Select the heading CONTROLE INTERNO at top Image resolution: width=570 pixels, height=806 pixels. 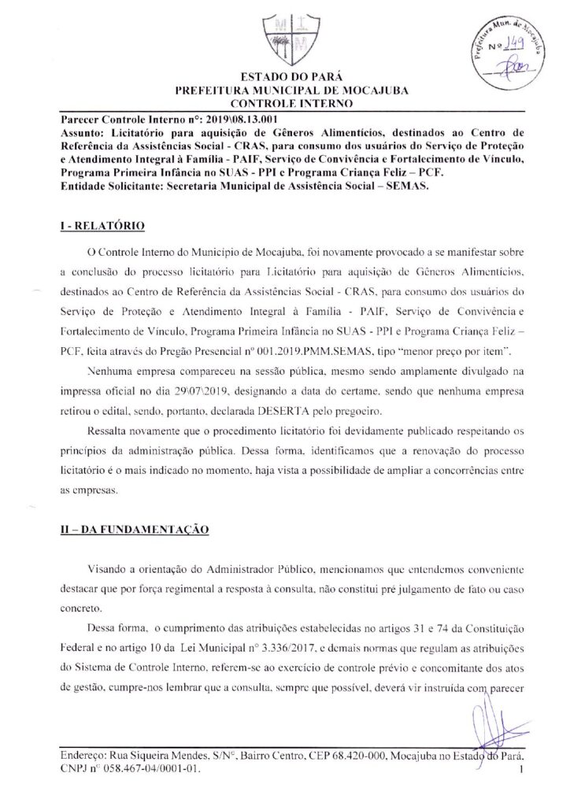[284, 102]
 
